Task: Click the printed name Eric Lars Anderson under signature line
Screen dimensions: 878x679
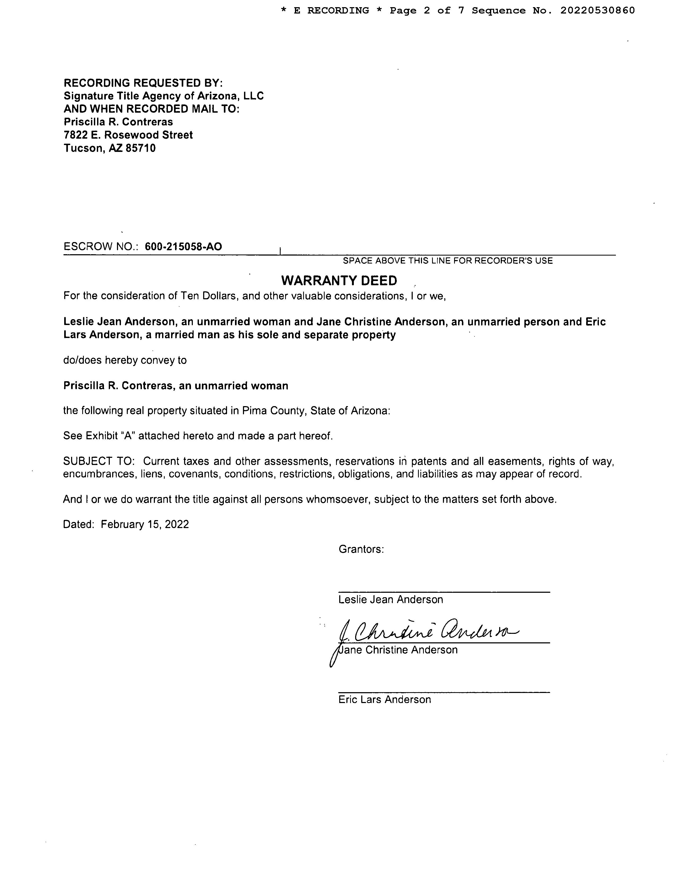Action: coord(385,700)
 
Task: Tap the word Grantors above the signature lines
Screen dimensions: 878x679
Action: coord(361,549)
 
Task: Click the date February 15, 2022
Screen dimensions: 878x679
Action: coord(145,524)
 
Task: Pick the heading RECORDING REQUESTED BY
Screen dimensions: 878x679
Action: coord(143,83)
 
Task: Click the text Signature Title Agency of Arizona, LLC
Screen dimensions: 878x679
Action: coord(164,96)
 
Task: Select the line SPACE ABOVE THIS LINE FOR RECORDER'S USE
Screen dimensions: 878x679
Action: coord(448,261)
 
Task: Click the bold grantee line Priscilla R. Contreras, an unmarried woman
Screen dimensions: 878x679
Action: coord(176,386)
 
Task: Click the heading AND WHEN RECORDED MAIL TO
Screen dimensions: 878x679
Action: coord(151,109)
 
